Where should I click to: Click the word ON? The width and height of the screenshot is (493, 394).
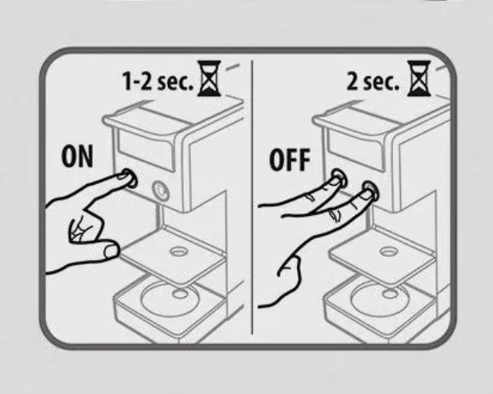pyautogui.click(x=77, y=157)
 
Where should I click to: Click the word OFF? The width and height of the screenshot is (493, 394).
pyautogui.click(x=290, y=160)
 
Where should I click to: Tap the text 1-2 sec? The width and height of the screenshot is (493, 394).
pyautogui.click(x=157, y=81)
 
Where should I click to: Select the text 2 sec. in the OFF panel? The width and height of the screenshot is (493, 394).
pyautogui.click(x=372, y=81)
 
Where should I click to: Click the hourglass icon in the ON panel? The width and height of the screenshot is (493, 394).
pyautogui.click(x=209, y=79)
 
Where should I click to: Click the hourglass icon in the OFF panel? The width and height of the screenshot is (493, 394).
pyautogui.click(x=418, y=79)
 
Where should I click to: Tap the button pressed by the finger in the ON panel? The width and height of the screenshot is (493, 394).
pyautogui.click(x=130, y=178)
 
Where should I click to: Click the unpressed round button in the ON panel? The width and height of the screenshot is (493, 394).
pyautogui.click(x=161, y=190)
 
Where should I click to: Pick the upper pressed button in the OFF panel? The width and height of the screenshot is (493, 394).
pyautogui.click(x=340, y=178)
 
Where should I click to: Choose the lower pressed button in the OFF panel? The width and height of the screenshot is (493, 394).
pyautogui.click(x=371, y=190)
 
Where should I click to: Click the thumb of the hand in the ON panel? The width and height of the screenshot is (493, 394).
pyautogui.click(x=103, y=250)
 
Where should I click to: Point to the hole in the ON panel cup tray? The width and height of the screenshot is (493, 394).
pyautogui.click(x=179, y=251)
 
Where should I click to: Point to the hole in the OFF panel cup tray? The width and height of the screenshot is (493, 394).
pyautogui.click(x=389, y=251)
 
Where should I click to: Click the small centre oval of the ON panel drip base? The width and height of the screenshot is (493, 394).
pyautogui.click(x=180, y=294)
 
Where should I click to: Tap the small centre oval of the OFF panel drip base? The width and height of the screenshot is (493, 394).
pyautogui.click(x=390, y=294)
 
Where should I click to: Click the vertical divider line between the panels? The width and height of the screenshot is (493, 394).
pyautogui.click(x=252, y=197)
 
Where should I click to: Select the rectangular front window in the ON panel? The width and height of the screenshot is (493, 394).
pyautogui.click(x=146, y=151)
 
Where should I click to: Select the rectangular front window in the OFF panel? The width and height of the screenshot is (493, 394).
pyautogui.click(x=356, y=151)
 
